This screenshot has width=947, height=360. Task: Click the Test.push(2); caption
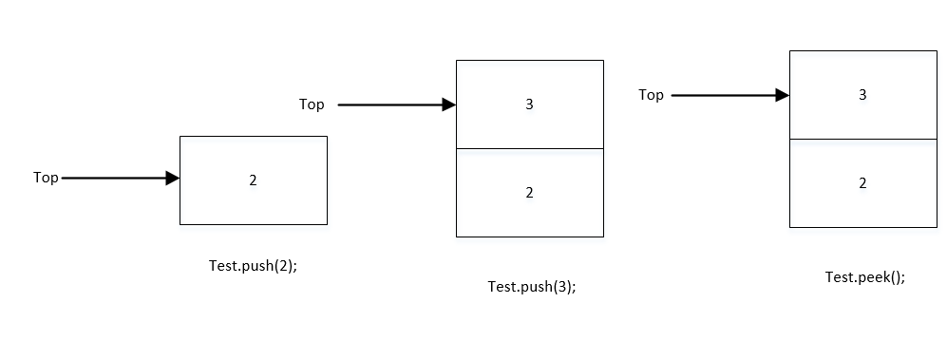click(x=253, y=266)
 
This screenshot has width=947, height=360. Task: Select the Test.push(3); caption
click(x=532, y=287)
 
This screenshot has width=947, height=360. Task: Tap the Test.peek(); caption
click(x=865, y=277)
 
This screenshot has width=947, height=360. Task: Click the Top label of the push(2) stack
click(x=46, y=178)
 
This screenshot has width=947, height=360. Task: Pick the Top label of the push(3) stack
click(x=312, y=104)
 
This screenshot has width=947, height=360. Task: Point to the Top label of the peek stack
click(x=651, y=94)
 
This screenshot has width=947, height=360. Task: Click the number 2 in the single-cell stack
click(x=253, y=180)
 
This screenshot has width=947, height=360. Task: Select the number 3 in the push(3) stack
click(x=530, y=104)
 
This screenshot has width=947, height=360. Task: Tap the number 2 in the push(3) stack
click(x=530, y=193)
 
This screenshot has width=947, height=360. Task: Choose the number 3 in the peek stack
click(x=862, y=95)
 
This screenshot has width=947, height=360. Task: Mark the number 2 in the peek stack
click(x=862, y=183)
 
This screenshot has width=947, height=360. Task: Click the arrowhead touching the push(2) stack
click(x=173, y=178)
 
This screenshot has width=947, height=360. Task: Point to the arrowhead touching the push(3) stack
click(x=449, y=105)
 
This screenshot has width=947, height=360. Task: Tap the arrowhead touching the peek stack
click(x=783, y=95)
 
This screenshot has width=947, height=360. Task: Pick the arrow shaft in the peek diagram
click(x=722, y=95)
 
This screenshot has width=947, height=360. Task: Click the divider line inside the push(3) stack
click(x=530, y=149)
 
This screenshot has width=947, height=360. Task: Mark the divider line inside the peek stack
click(x=862, y=139)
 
